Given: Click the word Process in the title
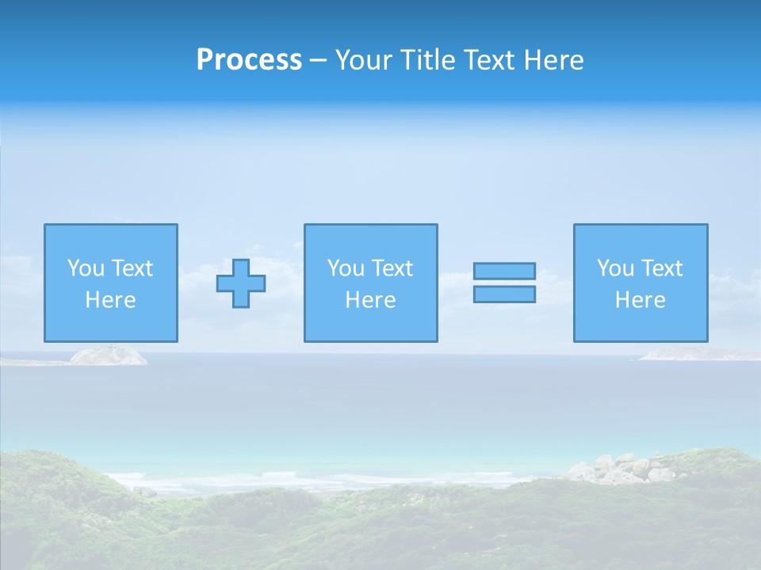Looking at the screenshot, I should click(x=249, y=60).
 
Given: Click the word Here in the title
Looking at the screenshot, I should click(x=554, y=60).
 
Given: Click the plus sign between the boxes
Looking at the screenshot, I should click(x=241, y=283).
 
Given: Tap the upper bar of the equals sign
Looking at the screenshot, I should click(x=504, y=271).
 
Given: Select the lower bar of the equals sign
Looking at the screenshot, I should click(x=504, y=294).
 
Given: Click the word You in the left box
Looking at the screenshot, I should click(x=86, y=268).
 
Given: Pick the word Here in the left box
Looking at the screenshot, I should click(x=110, y=300).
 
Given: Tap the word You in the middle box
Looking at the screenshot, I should click(x=346, y=268).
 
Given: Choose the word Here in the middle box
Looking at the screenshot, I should click(x=370, y=300).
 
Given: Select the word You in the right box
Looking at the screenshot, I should click(x=615, y=268).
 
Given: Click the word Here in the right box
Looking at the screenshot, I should click(x=640, y=300).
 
